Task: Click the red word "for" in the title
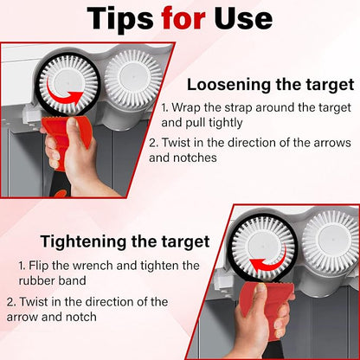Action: [183, 18]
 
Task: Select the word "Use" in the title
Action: [243, 18]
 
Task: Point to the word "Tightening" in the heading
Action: [84, 241]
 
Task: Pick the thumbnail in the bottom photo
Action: [261, 287]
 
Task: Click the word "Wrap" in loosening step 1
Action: [186, 108]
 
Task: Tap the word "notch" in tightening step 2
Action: [81, 317]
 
